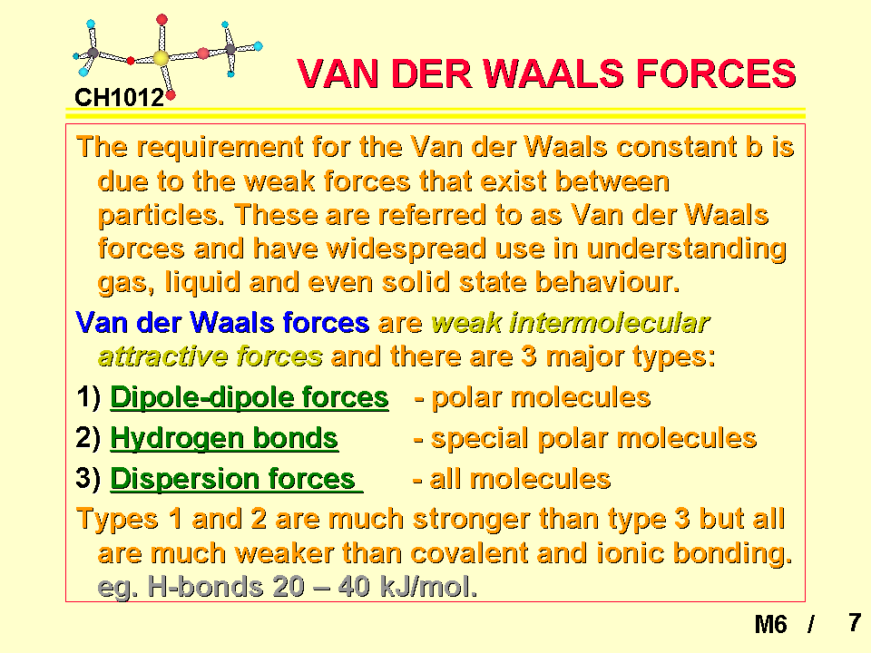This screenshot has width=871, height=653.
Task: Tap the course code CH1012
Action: click(120, 98)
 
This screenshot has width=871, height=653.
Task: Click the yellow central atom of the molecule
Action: click(161, 58)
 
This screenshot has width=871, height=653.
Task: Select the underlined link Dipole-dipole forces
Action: click(250, 397)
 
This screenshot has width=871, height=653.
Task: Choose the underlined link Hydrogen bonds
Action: click(224, 439)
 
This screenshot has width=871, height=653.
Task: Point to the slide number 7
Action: click(855, 622)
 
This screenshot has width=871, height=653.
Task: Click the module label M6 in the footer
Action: click(770, 625)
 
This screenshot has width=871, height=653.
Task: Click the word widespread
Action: click(406, 249)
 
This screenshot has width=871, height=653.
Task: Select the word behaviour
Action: click(607, 282)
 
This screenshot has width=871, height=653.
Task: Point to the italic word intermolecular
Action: click(610, 323)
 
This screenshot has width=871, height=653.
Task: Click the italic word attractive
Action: click(162, 356)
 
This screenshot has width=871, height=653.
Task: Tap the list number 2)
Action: click(88, 438)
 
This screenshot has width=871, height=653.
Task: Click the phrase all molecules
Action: click(521, 479)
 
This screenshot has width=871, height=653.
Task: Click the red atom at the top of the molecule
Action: click(161, 20)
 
